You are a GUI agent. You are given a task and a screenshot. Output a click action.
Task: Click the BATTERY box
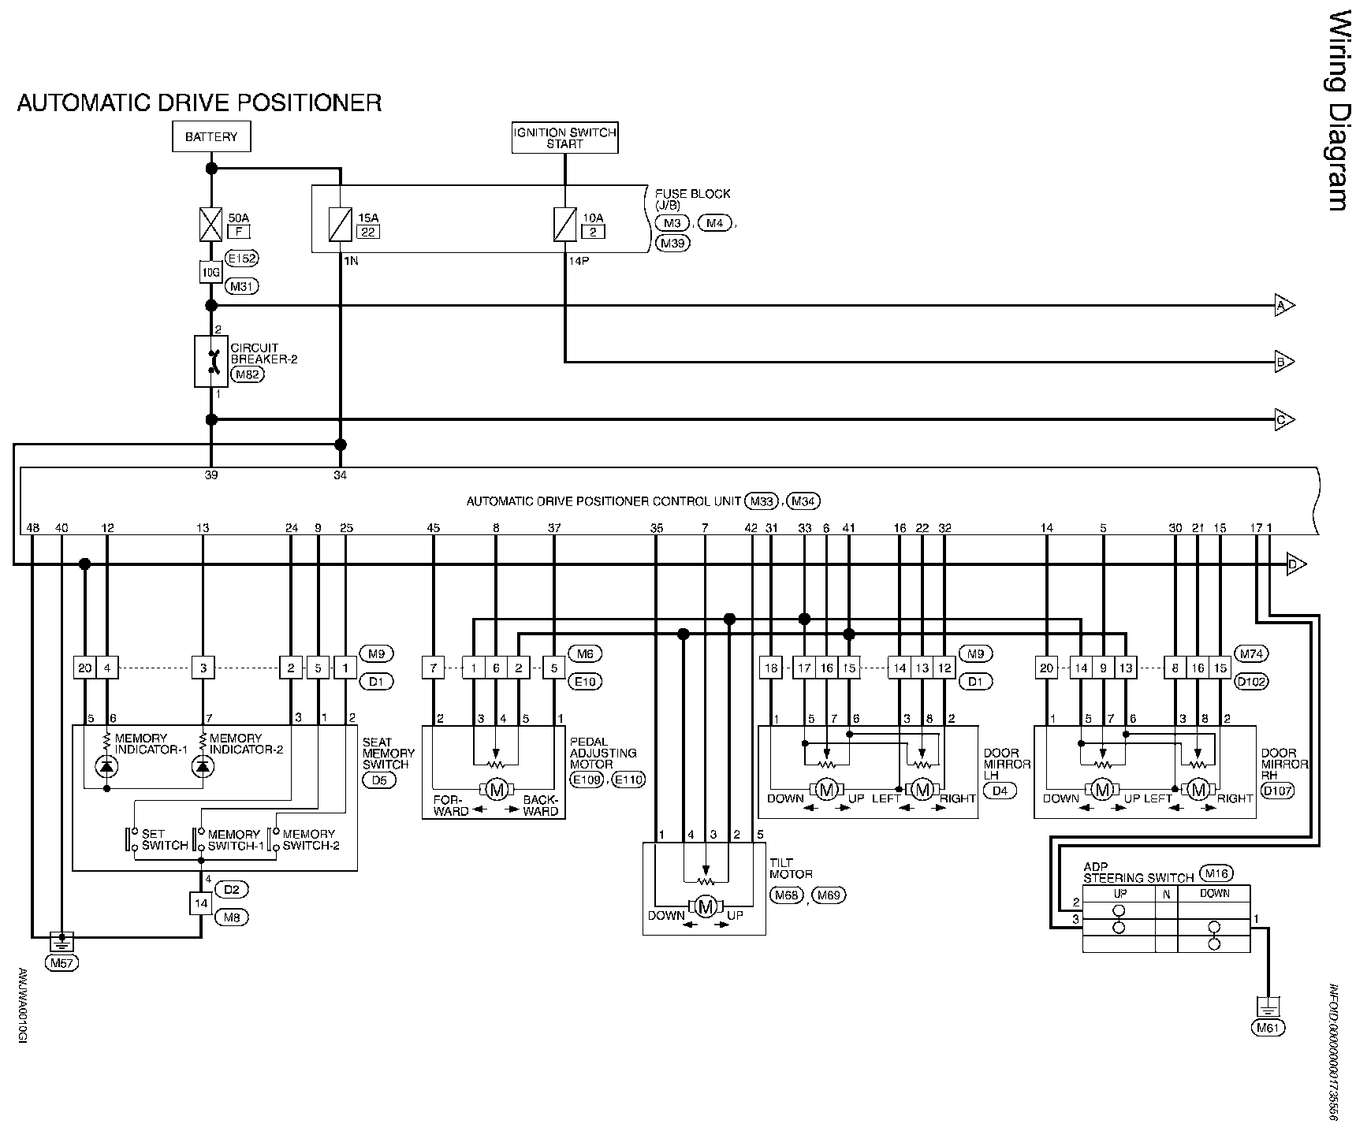coord(211,136)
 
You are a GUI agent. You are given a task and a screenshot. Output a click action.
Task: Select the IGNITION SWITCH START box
coord(564,138)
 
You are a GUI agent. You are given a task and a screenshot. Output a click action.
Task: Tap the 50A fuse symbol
coord(211,225)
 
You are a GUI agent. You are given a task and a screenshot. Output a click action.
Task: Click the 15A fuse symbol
coord(340,225)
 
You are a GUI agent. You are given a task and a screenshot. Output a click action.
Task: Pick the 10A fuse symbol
coord(564,225)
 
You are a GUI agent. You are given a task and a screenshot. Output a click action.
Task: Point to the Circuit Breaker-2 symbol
coord(211,362)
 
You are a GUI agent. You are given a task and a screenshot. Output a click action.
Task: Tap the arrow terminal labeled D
coord(1296,564)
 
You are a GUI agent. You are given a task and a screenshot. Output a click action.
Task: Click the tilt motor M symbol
coord(706,906)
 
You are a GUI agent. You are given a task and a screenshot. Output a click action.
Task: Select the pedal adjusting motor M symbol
coord(496,789)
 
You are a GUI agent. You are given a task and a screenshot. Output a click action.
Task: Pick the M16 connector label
coord(1215,873)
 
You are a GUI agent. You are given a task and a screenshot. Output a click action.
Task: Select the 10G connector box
coord(211,272)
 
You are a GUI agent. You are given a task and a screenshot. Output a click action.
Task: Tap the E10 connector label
coord(584,682)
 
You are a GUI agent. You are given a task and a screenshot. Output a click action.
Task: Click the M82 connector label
coord(248,375)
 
